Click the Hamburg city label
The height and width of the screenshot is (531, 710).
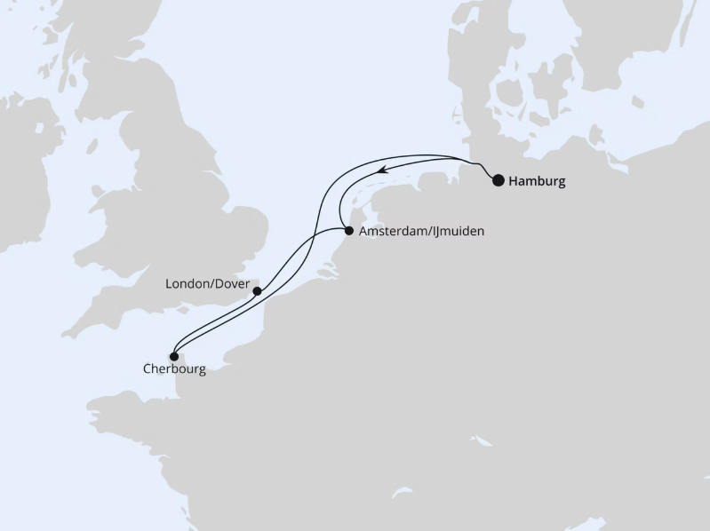[537, 181]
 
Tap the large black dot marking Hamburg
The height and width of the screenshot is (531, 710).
[499, 180]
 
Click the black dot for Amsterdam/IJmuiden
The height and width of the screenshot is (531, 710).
[349, 231]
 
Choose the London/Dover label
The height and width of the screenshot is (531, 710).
[207, 284]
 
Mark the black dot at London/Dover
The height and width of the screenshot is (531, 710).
[257, 290]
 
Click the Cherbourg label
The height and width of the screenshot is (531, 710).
[173, 369]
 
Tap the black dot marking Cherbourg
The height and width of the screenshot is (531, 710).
[174, 357]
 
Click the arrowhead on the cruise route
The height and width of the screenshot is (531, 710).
[379, 170]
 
